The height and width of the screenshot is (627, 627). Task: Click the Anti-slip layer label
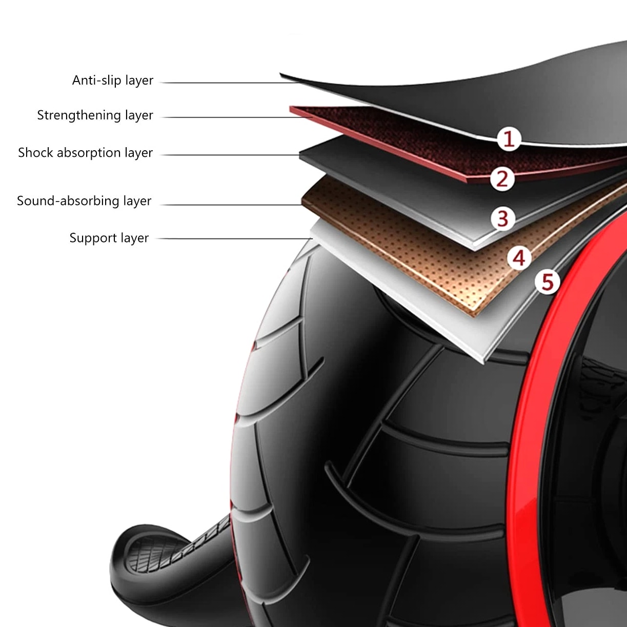[113, 80]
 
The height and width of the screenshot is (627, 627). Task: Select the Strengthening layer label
[95, 115]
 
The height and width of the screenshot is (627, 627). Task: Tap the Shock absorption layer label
[85, 153]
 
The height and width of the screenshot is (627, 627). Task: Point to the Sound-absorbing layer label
[84, 201]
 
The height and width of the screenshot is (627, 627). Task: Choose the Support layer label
[109, 238]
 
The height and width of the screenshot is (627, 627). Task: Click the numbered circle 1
[509, 139]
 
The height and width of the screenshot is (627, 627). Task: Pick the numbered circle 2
[502, 179]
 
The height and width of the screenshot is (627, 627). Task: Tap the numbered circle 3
[502, 218]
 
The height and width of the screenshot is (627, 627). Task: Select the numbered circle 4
[519, 257]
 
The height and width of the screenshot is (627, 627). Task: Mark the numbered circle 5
[547, 282]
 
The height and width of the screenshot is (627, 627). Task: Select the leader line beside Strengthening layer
[231, 117]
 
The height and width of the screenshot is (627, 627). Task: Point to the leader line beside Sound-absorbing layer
[231, 205]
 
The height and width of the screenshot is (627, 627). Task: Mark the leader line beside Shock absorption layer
[231, 155]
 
